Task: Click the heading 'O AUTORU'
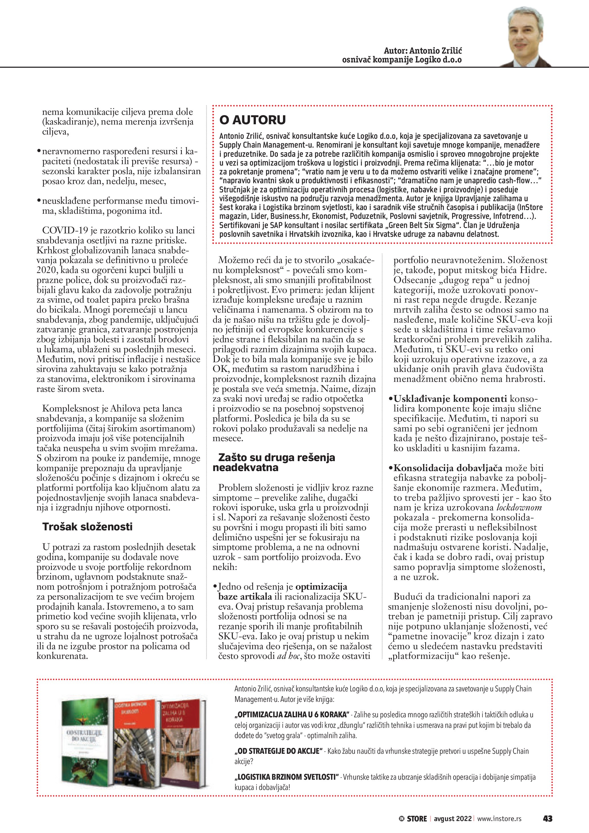[252, 120]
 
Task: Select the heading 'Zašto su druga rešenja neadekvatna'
[274, 462]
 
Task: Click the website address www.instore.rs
[499, 818]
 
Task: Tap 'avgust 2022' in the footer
[452, 818]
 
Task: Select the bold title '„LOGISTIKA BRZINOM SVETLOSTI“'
[286, 777]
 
